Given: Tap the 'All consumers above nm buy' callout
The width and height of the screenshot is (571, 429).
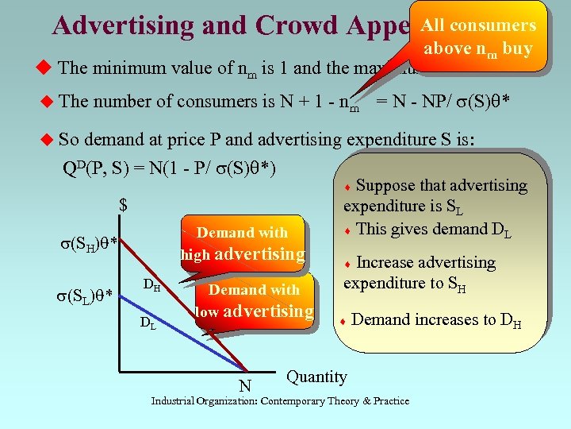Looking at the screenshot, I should pyautogui.click(x=478, y=36).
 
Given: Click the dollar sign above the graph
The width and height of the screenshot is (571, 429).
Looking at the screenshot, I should pyautogui.click(x=124, y=205).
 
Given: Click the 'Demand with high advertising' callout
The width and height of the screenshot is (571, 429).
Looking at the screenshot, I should pyautogui.click(x=242, y=243).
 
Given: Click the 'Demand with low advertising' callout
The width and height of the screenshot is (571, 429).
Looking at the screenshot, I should pyautogui.click(x=254, y=301).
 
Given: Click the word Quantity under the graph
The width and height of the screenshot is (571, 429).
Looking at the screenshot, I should pyautogui.click(x=316, y=377).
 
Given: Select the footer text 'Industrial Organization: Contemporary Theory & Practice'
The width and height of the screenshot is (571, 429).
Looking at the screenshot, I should pyautogui.click(x=280, y=400).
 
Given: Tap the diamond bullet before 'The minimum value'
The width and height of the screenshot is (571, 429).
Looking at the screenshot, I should pyautogui.click(x=44, y=68).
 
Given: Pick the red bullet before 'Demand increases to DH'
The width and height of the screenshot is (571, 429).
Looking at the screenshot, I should pyautogui.click(x=342, y=321).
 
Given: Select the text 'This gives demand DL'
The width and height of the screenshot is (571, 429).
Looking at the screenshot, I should pyautogui.click(x=434, y=230).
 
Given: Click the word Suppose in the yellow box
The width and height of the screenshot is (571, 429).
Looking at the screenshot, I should pyautogui.click(x=385, y=186).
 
